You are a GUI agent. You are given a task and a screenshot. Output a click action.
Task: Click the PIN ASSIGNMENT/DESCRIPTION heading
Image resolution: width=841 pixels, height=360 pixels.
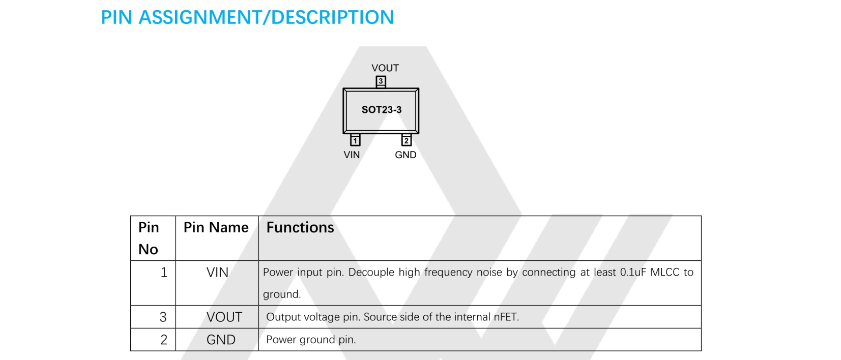[x=247, y=17]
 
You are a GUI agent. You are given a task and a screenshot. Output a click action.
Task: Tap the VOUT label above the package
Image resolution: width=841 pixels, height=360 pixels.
[x=385, y=68]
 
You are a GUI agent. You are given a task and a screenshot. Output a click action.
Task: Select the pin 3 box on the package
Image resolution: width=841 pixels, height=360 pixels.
[x=381, y=81]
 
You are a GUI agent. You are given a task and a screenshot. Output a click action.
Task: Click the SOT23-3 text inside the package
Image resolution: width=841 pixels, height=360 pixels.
[x=382, y=110]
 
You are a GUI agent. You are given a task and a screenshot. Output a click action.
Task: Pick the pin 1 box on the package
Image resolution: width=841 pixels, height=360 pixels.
[x=355, y=140]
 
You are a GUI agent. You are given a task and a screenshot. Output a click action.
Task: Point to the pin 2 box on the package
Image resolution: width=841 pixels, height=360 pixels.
[x=406, y=140]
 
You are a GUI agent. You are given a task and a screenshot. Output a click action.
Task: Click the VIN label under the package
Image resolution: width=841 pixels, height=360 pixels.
[x=352, y=155]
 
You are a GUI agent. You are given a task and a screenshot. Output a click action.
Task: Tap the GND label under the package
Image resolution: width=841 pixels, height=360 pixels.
[x=405, y=155]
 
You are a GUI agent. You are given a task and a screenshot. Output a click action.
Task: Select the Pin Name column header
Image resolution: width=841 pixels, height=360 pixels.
[x=216, y=227]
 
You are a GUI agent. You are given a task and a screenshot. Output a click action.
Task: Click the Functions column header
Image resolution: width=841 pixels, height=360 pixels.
[x=300, y=227]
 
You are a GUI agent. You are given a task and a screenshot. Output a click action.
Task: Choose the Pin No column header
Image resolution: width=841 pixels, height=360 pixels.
[x=149, y=238]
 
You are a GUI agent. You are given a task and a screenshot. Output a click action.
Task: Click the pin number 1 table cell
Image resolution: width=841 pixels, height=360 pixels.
[x=164, y=273]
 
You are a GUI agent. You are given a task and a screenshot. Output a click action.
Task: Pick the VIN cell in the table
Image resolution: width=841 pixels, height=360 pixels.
[x=217, y=273]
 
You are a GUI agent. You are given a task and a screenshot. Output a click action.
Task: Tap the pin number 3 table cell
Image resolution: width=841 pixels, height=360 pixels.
[x=163, y=317]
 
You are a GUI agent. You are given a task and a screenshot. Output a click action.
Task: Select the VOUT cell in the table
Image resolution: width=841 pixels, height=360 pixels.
[x=224, y=317]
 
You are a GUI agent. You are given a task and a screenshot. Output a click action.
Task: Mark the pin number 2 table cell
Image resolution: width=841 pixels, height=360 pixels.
[x=164, y=340]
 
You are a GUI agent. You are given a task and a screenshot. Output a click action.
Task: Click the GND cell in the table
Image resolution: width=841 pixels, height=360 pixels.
[x=221, y=340]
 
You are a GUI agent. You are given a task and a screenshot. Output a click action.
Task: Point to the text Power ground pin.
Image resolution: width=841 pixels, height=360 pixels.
[x=311, y=340]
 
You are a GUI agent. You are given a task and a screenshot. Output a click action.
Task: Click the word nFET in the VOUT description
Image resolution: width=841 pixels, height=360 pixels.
[x=506, y=317]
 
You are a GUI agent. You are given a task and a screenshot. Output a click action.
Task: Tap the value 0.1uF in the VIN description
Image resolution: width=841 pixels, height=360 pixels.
[x=633, y=273]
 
